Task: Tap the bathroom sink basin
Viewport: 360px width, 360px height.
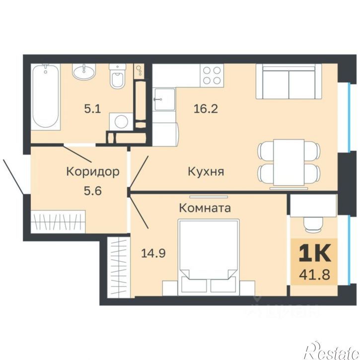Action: (x=86, y=72)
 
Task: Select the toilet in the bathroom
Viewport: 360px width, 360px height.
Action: (x=118, y=77)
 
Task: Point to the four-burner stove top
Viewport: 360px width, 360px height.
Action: (x=212, y=75)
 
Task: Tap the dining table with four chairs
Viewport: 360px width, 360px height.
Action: (x=288, y=163)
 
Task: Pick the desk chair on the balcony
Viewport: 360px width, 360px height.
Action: (x=313, y=224)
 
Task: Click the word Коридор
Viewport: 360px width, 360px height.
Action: (x=93, y=172)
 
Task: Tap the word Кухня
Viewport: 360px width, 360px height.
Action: (x=206, y=172)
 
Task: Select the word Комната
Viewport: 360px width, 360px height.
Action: (x=205, y=208)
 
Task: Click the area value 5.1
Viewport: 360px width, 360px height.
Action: (x=92, y=109)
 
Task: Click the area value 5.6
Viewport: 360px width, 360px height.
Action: (x=93, y=190)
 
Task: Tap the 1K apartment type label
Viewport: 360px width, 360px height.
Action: (x=314, y=254)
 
